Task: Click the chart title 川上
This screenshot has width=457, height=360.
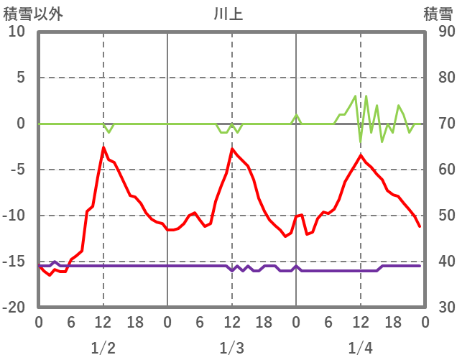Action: [x=228, y=14]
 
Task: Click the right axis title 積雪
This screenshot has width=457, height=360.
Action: [x=438, y=14]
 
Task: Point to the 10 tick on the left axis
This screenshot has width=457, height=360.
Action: [x=17, y=32]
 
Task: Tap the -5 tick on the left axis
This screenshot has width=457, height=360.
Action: [x=17, y=170]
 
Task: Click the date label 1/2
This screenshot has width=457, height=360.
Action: [x=103, y=349]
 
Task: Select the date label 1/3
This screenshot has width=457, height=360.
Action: [x=231, y=349]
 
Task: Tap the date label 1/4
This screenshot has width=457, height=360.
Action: [x=360, y=349]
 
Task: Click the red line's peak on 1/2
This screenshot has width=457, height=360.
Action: [x=103, y=147]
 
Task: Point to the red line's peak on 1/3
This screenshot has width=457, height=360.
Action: [x=232, y=149]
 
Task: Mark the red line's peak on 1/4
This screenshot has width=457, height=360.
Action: [x=361, y=154]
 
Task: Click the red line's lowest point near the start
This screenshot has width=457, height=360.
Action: [x=50, y=276]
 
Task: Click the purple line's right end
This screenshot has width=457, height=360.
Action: [x=420, y=266]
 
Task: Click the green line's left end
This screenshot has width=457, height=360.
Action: [x=39, y=124]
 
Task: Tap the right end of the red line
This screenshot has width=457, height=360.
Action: [x=420, y=226]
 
